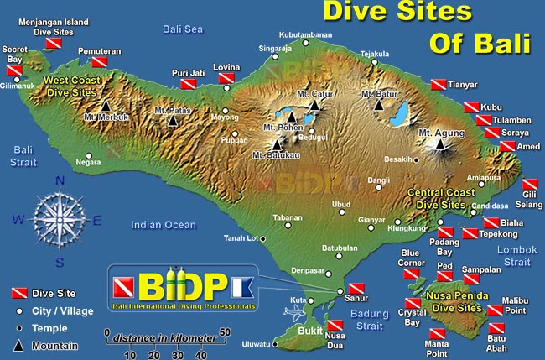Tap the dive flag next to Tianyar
[438, 85]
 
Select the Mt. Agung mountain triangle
[439, 144]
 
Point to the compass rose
[57, 219]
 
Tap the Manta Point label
[436, 348]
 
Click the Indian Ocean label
[163, 224]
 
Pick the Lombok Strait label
[514, 256]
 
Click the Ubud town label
[341, 204]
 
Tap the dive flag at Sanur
[356, 287]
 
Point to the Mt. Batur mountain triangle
[379, 106]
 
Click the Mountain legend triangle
[18, 345]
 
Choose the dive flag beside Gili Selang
[528, 185]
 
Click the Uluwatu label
[256, 343]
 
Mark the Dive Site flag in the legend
[18, 293]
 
